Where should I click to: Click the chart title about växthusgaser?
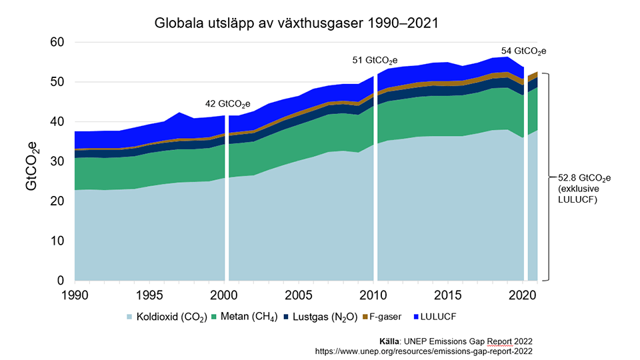(296, 23)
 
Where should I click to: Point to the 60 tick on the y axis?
(58, 43)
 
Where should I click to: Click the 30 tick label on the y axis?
(58, 161)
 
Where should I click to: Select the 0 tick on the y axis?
(61, 280)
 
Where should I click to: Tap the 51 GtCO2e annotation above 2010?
(375, 60)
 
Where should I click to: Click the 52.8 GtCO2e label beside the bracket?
(585, 178)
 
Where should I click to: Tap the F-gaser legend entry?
(387, 315)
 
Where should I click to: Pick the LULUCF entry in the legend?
(441, 315)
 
